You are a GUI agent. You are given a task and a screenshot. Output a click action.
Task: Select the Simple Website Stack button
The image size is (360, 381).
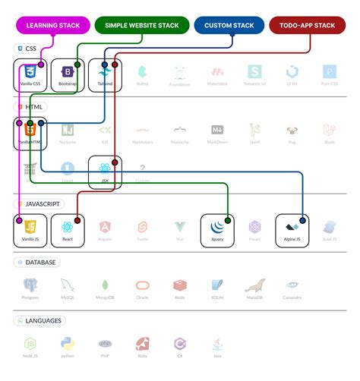click(x=142, y=25)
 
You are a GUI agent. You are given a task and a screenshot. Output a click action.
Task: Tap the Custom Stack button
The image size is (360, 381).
click(x=229, y=25)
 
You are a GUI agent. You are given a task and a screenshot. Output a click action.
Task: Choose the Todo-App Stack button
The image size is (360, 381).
click(x=308, y=25)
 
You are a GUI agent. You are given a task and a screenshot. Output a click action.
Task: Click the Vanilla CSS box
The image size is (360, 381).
click(x=30, y=75)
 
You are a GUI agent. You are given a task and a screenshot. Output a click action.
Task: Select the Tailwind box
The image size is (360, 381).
click(x=104, y=75)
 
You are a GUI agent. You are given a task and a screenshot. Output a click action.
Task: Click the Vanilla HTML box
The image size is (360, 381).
click(x=30, y=134)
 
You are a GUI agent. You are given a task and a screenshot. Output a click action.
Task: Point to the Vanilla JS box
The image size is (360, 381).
click(x=30, y=230)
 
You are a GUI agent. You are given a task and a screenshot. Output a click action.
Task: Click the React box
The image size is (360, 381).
click(x=68, y=230)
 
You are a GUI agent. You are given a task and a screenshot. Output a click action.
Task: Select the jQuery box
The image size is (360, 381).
click(x=217, y=230)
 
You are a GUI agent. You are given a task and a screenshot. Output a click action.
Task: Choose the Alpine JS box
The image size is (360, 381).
click(x=292, y=230)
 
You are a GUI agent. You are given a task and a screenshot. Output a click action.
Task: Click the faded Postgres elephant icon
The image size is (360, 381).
click(x=30, y=285)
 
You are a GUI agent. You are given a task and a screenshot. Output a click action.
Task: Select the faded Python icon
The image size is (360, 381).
click(x=68, y=344)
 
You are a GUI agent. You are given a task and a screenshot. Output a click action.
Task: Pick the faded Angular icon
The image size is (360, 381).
click(x=105, y=227)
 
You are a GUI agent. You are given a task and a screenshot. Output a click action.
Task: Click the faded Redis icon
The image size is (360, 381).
click(x=179, y=285)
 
